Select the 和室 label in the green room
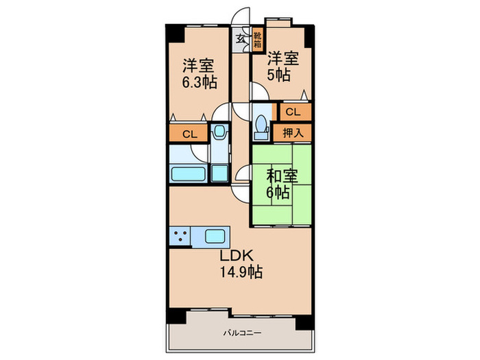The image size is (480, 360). [x=281, y=176]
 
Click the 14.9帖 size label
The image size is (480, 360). [x=240, y=272]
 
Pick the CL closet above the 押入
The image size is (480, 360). [x=293, y=111]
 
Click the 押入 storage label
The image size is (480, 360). [x=293, y=132]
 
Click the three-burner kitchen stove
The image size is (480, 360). [x=180, y=237]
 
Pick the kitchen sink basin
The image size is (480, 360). [x=216, y=237]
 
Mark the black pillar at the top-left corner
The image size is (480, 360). [x=173, y=32]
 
